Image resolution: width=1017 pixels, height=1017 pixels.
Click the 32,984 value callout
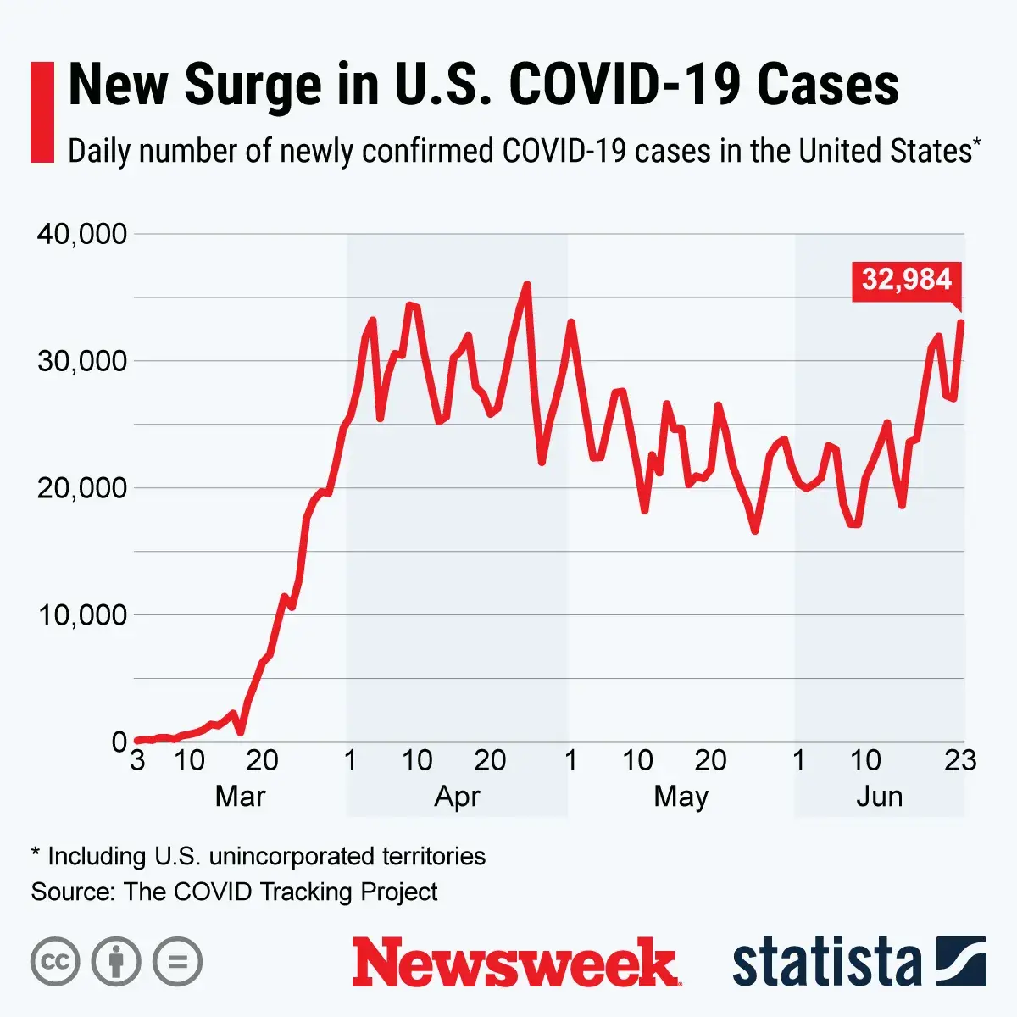point(907,280)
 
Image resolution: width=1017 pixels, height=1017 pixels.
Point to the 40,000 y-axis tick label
point(81,234)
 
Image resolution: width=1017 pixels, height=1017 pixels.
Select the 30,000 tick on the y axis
point(81,361)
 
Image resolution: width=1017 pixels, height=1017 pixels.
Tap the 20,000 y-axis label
point(81,488)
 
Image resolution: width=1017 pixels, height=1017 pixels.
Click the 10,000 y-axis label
point(81,615)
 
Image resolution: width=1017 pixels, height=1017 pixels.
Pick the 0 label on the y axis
point(119,742)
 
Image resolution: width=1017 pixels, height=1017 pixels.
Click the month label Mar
point(240,797)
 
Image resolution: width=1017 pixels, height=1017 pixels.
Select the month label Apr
point(457,797)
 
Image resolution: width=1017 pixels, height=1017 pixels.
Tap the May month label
point(681,797)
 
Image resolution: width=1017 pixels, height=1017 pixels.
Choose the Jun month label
point(879,797)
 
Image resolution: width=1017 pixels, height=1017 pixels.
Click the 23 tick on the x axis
point(960,760)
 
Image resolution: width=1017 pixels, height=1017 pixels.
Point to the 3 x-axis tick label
point(137,760)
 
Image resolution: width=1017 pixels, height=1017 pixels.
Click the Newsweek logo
point(515,962)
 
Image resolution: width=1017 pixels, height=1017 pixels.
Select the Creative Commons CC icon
point(55,962)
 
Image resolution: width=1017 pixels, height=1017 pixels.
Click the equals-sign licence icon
point(177,962)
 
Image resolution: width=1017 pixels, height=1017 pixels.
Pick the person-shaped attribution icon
point(116,962)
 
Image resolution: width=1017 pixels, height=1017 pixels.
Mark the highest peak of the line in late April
point(527,285)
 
